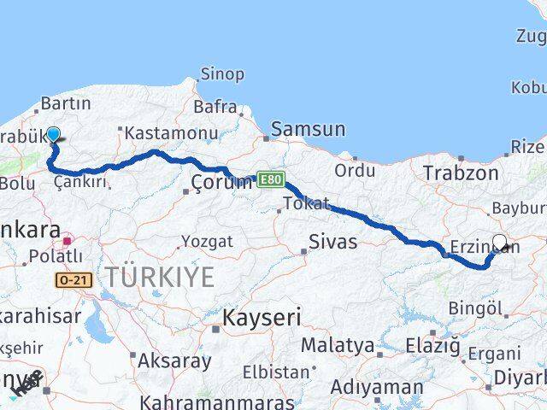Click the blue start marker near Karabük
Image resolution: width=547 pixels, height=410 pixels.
point(53,134)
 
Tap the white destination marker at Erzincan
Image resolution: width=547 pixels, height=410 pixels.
point(500,242)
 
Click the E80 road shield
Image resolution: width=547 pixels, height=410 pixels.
point(271,179)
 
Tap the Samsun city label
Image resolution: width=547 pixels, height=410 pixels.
point(309,130)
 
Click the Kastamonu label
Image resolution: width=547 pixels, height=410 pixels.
point(159,135)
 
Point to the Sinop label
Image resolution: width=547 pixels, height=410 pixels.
point(222,74)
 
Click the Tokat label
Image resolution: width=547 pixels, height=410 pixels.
point(305,203)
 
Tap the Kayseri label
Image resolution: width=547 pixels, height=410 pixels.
point(262,318)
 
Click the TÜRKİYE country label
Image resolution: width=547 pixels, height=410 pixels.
point(161,277)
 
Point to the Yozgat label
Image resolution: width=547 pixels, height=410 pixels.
point(207,242)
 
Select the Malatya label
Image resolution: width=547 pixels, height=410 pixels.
point(338,346)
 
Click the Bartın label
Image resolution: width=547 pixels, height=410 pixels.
point(65,103)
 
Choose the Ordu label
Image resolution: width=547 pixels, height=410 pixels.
point(354,170)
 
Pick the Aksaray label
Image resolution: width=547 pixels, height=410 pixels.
point(174,360)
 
